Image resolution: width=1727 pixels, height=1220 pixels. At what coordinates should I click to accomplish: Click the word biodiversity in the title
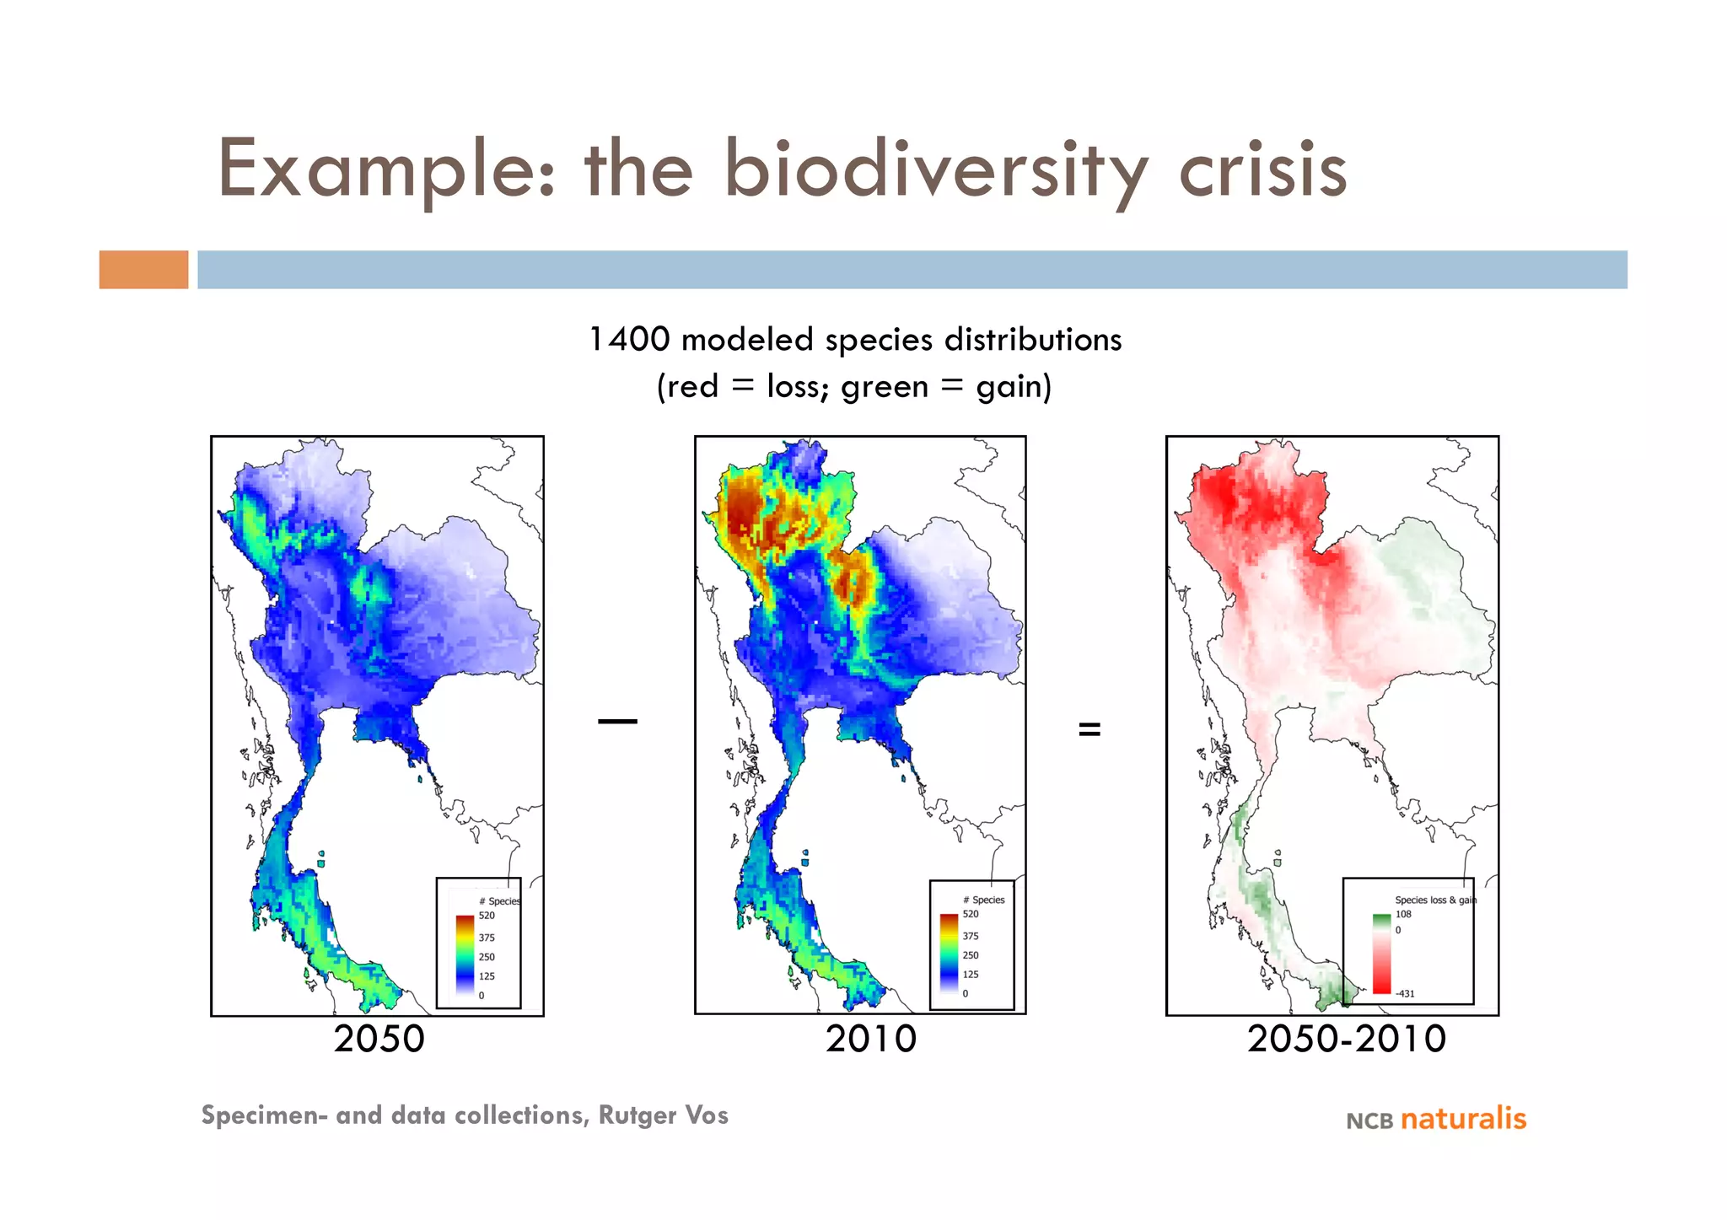(x=934, y=171)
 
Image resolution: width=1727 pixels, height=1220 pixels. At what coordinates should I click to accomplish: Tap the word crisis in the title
(x=1262, y=171)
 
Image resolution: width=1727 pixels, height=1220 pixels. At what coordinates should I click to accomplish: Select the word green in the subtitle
(x=885, y=387)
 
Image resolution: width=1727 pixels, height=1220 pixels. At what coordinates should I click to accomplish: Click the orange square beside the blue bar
(x=143, y=270)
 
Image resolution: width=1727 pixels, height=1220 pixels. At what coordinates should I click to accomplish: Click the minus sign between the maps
(x=617, y=721)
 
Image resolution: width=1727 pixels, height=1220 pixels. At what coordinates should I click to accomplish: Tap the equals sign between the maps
(x=1089, y=729)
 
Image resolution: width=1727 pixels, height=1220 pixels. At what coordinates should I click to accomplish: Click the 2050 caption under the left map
(x=379, y=1039)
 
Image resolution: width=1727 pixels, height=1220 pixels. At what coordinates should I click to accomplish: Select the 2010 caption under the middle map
(x=871, y=1039)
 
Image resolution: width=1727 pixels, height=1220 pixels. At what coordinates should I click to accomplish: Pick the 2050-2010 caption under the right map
(x=1347, y=1039)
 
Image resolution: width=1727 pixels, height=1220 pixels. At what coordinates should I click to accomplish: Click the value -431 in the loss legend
(x=1405, y=993)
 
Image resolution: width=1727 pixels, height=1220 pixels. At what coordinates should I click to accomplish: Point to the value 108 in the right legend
(x=1403, y=914)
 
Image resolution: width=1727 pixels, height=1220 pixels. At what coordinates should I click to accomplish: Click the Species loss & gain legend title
(x=1435, y=900)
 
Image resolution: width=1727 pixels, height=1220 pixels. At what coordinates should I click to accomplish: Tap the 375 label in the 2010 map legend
(x=971, y=936)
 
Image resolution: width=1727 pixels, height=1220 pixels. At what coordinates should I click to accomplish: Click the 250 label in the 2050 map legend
(x=487, y=957)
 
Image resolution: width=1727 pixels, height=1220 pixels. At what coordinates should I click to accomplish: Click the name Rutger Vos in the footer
(x=663, y=1115)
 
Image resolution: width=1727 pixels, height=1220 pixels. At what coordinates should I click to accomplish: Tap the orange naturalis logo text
(x=1463, y=1119)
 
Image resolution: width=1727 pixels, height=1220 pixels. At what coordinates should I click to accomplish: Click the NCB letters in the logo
(x=1369, y=1121)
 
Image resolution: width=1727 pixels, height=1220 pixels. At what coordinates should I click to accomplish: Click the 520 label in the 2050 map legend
(x=487, y=916)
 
